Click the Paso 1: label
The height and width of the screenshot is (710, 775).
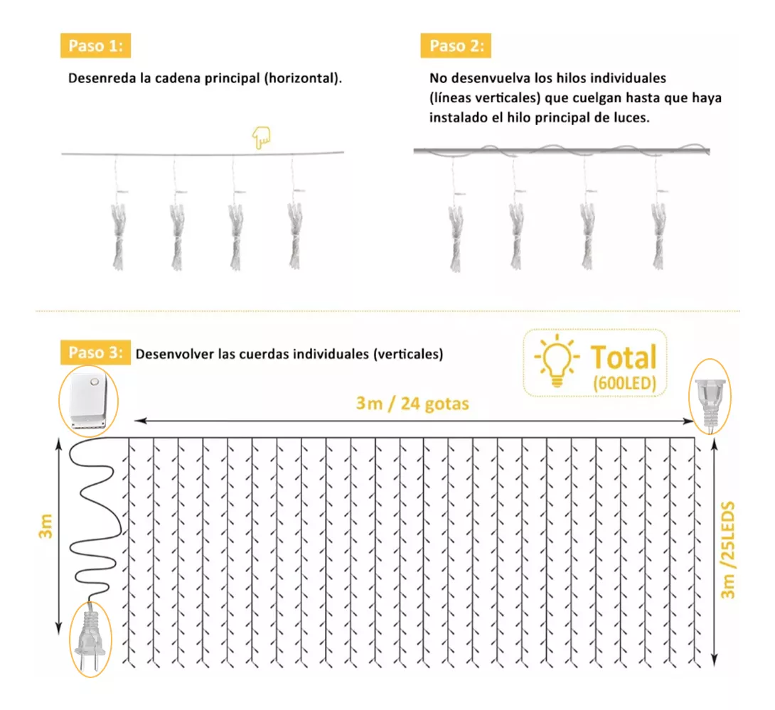[x=95, y=46]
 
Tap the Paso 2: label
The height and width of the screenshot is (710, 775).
[x=456, y=46]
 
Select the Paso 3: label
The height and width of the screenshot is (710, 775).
[x=95, y=353]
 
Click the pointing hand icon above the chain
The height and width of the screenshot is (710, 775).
[x=261, y=137]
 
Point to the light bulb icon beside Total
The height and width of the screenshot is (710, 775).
[x=557, y=360]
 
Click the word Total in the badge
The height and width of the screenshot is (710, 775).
[x=624, y=357]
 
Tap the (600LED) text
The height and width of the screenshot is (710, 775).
[x=625, y=383]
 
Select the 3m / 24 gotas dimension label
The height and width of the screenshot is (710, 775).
[x=412, y=404]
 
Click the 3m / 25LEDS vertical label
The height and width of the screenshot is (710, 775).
[x=727, y=550]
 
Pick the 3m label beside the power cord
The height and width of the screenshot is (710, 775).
[x=46, y=526]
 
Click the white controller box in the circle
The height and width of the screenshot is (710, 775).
[x=88, y=400]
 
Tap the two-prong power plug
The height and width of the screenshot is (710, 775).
[x=90, y=638]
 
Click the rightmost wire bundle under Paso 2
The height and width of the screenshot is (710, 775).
[x=658, y=236]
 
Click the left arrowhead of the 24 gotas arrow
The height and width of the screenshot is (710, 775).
[x=139, y=421]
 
